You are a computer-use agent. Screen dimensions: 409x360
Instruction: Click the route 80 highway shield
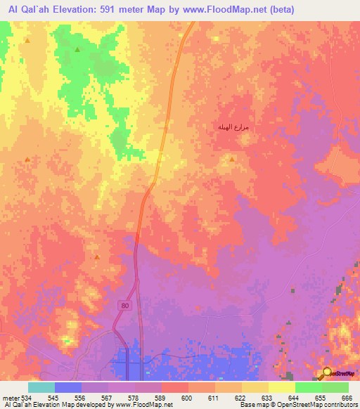[124, 306]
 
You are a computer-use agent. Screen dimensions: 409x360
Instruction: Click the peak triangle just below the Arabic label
[232, 158]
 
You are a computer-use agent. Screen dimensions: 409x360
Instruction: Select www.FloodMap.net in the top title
[217, 10]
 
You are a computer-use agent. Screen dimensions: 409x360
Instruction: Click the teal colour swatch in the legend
[41, 387]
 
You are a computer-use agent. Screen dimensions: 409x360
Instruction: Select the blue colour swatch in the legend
[68, 387]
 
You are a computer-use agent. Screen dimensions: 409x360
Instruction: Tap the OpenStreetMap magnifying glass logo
[327, 373]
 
